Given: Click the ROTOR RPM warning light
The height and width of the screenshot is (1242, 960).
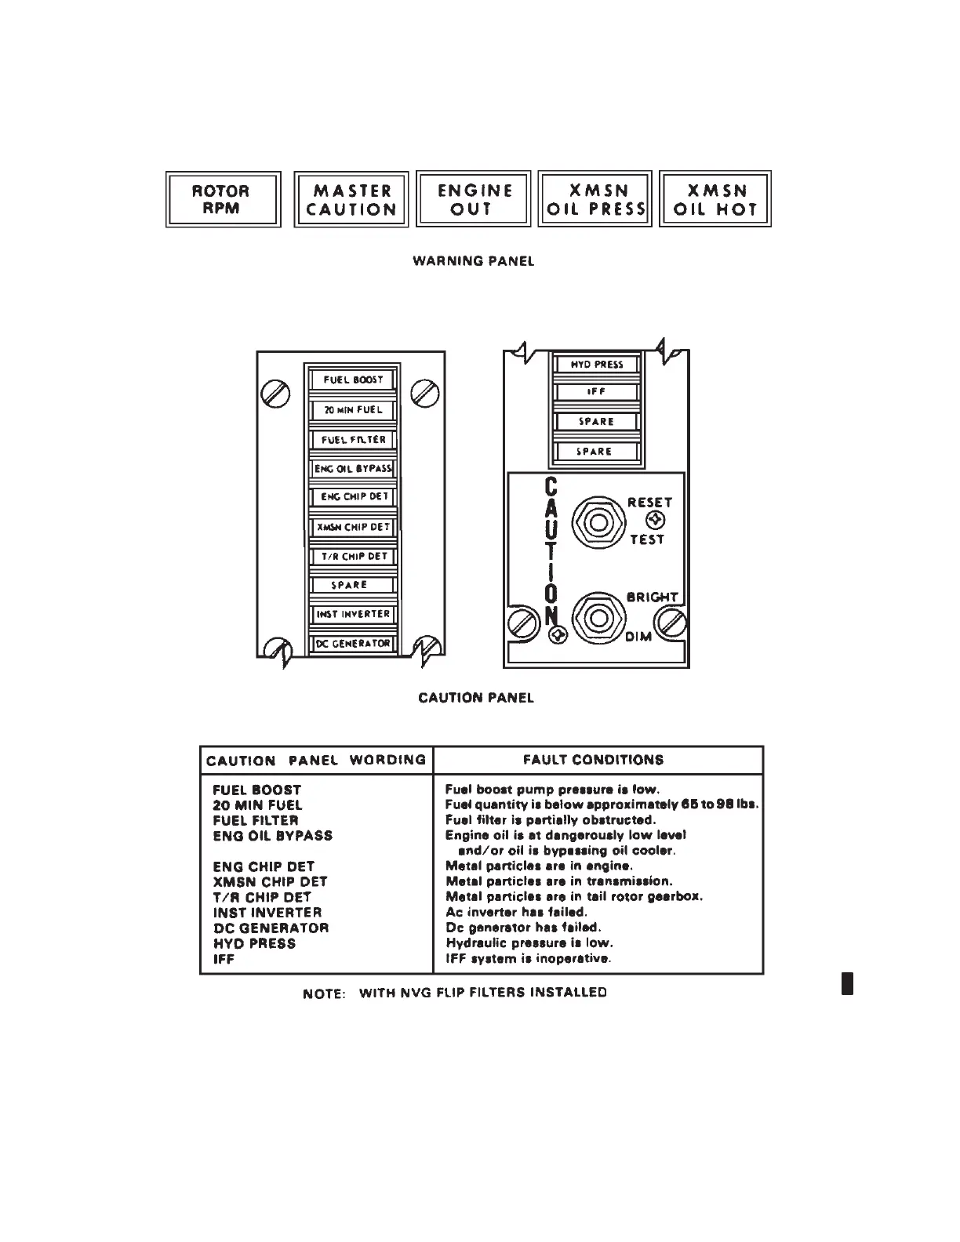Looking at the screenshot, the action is (x=223, y=199).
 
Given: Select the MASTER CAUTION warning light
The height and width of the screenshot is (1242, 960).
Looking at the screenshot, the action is (x=351, y=199).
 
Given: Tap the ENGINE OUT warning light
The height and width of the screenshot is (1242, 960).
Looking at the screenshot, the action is (x=474, y=199).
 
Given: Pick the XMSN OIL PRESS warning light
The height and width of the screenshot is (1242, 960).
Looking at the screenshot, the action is (x=595, y=199).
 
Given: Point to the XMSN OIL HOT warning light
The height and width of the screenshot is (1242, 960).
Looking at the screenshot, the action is (x=715, y=199).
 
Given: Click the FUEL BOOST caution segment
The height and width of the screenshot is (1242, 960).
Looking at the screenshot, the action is (x=353, y=379).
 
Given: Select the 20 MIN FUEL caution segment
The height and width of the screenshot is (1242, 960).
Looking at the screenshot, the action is (x=353, y=410).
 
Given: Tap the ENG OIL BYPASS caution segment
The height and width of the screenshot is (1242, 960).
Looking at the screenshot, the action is (x=353, y=469).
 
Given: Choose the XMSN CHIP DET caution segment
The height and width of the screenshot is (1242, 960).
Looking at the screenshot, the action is (x=353, y=527).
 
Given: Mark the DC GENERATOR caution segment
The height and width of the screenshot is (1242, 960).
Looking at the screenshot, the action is (x=353, y=644).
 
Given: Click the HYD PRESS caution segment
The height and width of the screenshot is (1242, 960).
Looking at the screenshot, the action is (x=597, y=365).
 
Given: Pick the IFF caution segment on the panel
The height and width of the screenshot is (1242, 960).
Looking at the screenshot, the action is (x=597, y=392).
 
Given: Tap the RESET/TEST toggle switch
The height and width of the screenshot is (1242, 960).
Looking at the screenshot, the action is (x=598, y=521).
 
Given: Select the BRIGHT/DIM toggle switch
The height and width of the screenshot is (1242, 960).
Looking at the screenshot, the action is (x=598, y=617).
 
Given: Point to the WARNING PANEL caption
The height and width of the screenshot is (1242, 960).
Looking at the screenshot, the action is (x=473, y=261).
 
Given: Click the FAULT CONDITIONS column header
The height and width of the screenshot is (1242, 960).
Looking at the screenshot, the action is (x=593, y=760).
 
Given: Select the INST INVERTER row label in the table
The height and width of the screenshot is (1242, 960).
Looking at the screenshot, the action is (x=267, y=913).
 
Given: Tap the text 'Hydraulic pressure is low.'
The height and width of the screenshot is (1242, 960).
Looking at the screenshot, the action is (x=529, y=943).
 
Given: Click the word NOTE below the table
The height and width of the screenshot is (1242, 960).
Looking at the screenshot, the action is (x=324, y=993).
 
